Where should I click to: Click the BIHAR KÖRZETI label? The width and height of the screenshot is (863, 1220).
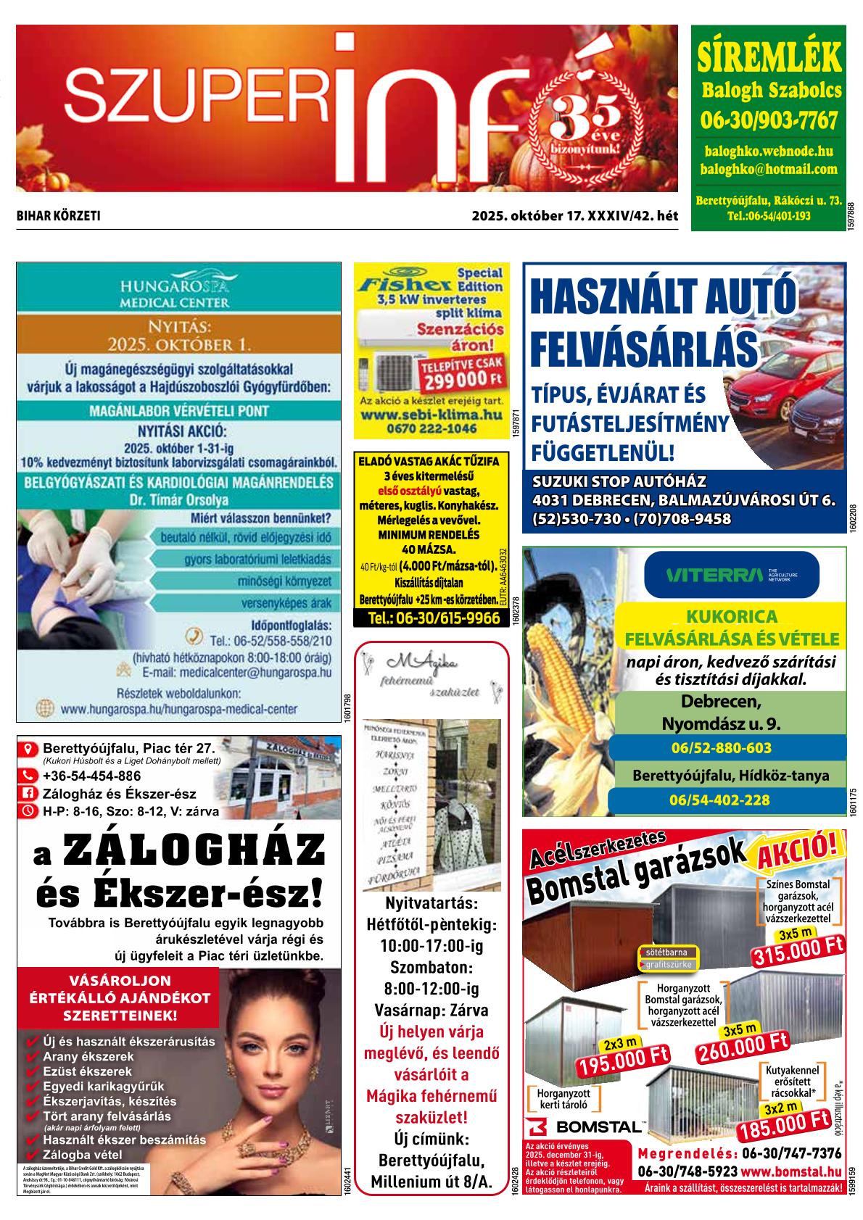click(58, 216)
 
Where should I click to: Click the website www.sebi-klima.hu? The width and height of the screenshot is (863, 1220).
click(431, 415)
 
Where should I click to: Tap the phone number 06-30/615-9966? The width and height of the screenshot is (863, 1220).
click(434, 618)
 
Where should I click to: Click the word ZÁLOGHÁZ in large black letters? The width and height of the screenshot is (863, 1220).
click(194, 850)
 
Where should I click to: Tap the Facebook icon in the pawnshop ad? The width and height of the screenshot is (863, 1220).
click(30, 793)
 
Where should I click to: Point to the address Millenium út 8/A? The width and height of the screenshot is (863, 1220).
click(431, 1181)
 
